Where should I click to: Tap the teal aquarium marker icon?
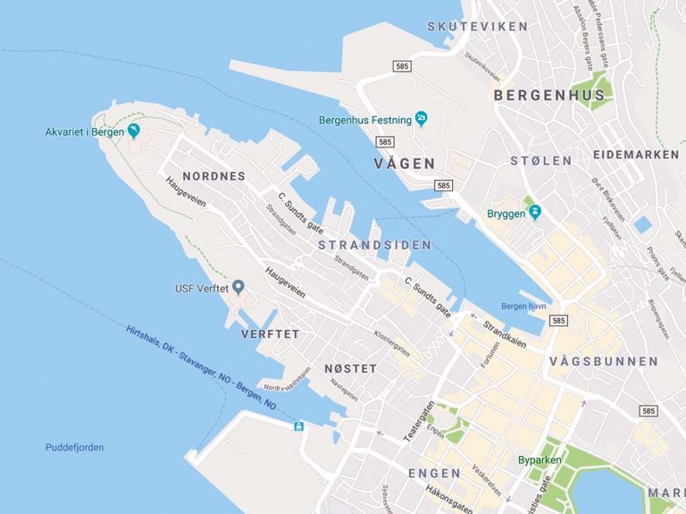tap(134, 131)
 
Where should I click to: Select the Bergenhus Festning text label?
tap(364, 120)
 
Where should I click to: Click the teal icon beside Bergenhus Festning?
tap(419, 119)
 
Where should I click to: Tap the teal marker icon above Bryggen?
tap(533, 212)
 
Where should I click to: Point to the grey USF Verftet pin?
tap(238, 288)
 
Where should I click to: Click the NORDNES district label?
tap(213, 176)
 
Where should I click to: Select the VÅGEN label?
tap(405, 164)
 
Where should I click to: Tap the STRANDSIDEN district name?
tap(374, 245)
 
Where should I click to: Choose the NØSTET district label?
tap(350, 368)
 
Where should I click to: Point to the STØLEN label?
tap(540, 161)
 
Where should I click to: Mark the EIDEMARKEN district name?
tap(635, 155)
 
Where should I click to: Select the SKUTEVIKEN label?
tap(477, 26)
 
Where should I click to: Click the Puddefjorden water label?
tap(74, 447)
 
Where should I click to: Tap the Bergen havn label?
tap(523, 306)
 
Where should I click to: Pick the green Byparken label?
tap(540, 460)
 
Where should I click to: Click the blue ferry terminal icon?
tap(298, 426)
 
